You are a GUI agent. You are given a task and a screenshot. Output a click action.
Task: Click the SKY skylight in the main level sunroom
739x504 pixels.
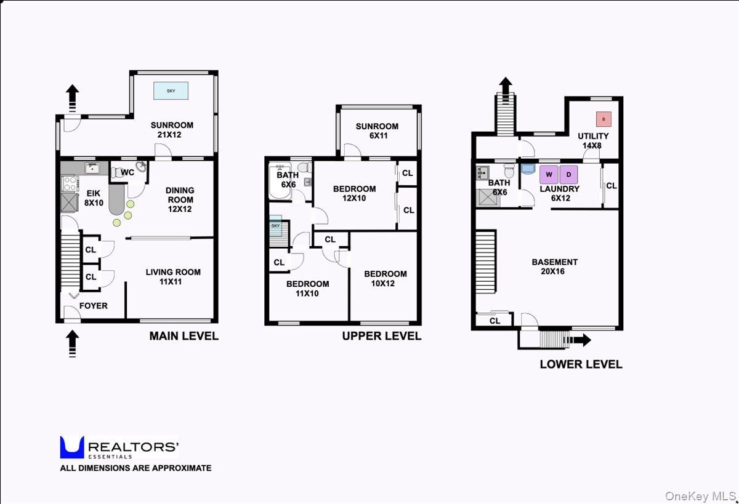pos(171,90)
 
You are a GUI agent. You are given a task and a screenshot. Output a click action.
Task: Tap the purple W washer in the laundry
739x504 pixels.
pos(548,174)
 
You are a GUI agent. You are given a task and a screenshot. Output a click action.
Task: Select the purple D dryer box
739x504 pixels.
pos(569,174)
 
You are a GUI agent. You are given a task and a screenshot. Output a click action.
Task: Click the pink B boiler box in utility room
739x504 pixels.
pos(603,118)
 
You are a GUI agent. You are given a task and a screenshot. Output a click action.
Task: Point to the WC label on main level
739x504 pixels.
pos(127,172)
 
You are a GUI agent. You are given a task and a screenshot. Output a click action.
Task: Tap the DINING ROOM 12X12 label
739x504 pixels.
pos(179,199)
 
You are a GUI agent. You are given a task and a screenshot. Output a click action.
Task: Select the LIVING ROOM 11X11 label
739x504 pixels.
pos(173,276)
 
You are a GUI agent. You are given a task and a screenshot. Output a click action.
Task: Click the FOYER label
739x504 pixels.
pos(93,305)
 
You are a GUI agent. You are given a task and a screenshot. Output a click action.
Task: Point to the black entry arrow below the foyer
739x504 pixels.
pos(72,343)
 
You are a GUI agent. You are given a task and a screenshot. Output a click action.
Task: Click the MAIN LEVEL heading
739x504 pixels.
pos(184,336)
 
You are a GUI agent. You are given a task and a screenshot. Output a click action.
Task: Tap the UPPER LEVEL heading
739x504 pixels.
pos(382,336)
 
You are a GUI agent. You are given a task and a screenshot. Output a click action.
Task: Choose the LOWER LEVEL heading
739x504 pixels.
pos(581,364)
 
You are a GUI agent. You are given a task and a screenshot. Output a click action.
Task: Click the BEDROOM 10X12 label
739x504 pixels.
pos(385,278)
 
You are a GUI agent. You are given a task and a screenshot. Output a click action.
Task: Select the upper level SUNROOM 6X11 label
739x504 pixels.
pos(377,130)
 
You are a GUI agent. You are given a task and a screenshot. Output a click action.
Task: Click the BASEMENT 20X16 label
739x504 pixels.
pos(555,266)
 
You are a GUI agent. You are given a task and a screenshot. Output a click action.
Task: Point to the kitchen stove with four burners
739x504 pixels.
pos(68,183)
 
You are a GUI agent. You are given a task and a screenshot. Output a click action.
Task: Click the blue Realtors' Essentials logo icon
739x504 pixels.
pos(72,447)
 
